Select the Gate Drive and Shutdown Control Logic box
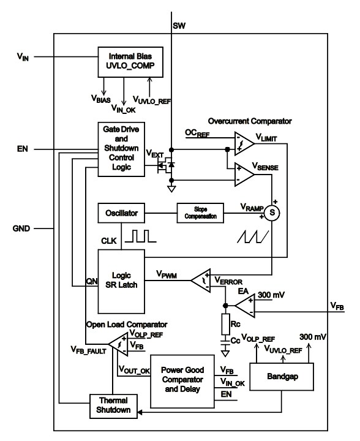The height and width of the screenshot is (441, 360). (x=121, y=149)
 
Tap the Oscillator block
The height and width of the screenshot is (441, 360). (x=121, y=214)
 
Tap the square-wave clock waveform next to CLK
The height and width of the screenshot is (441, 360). (x=140, y=236)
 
